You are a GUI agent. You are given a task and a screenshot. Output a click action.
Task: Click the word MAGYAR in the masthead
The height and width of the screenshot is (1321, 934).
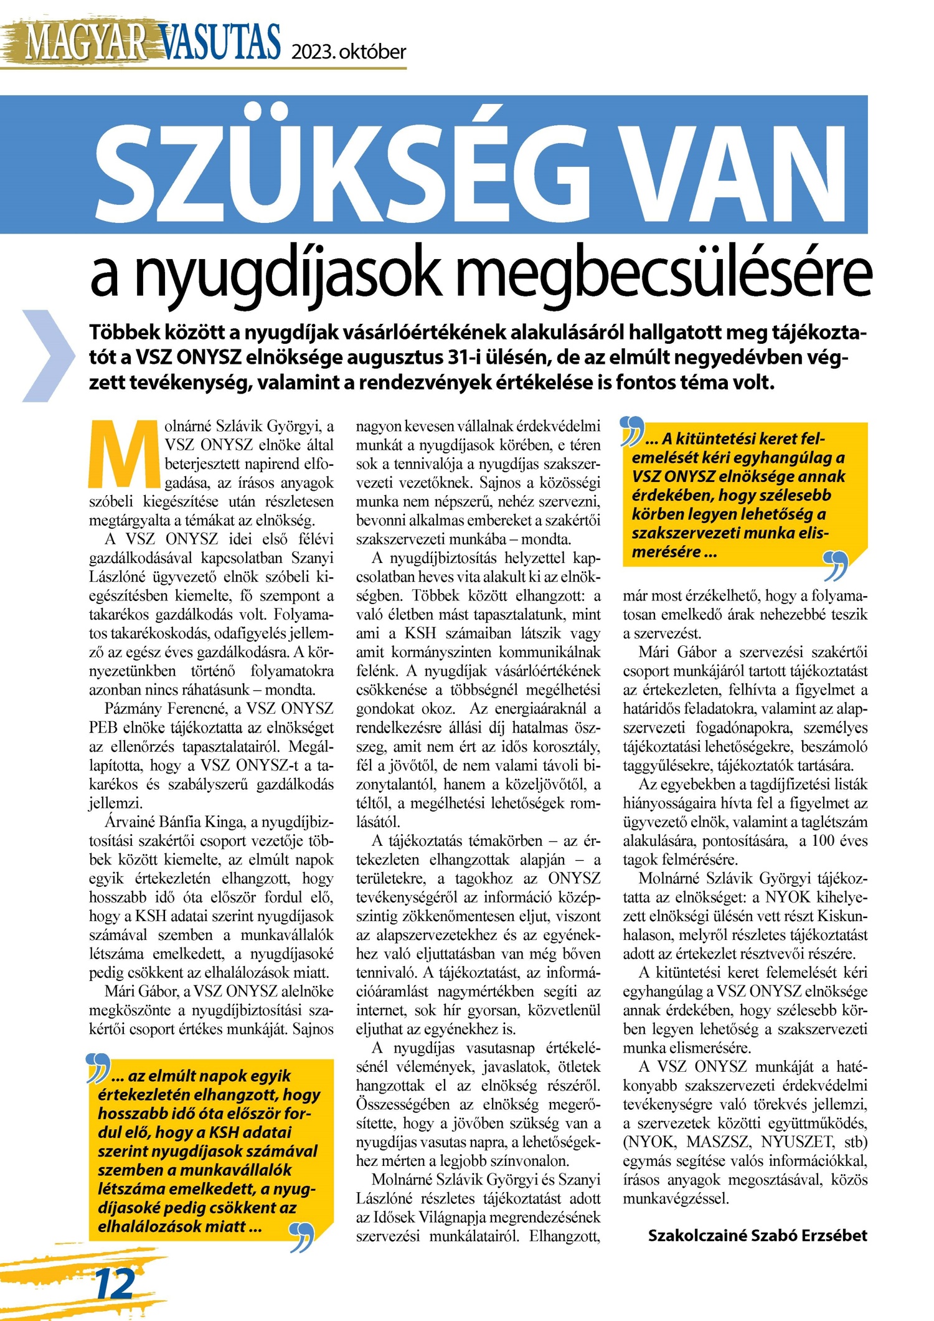tap(86, 42)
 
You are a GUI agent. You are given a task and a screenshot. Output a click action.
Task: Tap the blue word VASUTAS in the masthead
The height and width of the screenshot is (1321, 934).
tap(221, 42)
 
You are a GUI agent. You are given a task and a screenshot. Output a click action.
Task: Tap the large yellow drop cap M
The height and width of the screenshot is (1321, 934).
tap(125, 454)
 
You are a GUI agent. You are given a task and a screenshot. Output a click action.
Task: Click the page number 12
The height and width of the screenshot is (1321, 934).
tap(115, 1283)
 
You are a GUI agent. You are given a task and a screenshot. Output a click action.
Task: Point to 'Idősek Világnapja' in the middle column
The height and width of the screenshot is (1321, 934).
tap(442, 1217)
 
